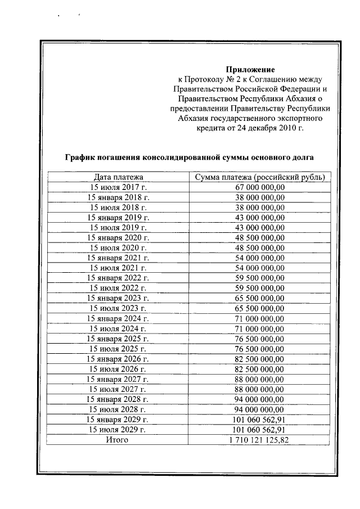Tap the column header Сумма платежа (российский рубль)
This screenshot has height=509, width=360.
(259, 178)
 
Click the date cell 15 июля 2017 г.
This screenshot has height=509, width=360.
(118, 187)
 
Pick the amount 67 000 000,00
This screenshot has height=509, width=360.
(259, 187)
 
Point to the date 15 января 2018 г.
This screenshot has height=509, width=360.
(118, 197)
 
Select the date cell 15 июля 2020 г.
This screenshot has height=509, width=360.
(118, 247)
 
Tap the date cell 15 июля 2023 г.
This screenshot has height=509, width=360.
(118, 308)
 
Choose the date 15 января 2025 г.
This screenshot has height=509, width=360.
(118, 338)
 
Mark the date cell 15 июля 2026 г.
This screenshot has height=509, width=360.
(118, 369)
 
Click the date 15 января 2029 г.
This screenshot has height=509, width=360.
(118, 419)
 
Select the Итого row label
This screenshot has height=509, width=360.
(118, 439)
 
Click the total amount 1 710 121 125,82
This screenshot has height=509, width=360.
(259, 439)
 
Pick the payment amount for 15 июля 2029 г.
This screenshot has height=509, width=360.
(259, 429)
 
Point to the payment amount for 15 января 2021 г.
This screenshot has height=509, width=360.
(259, 257)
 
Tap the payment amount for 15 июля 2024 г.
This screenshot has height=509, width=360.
(259, 328)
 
